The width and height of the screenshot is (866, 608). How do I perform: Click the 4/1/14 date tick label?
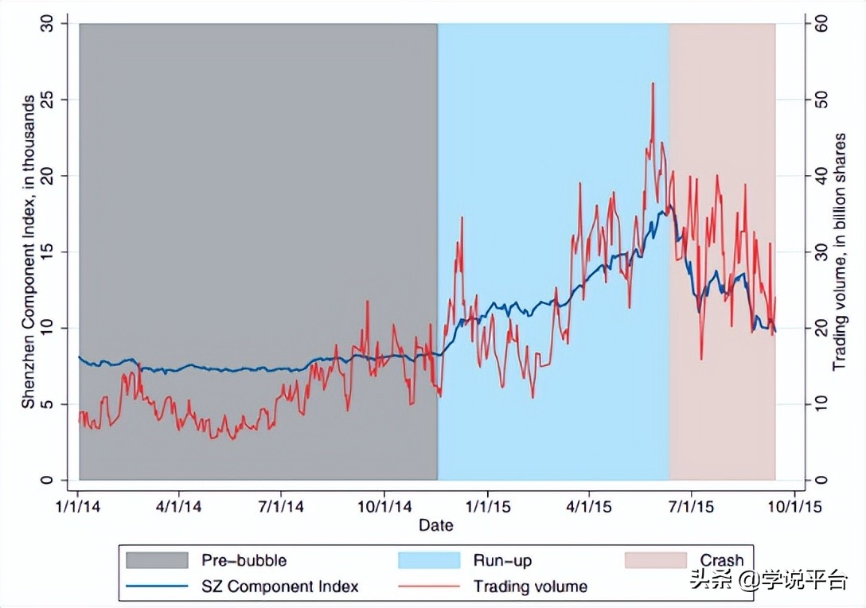[x=180, y=505]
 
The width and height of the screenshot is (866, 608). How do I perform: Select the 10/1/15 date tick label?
[x=793, y=505]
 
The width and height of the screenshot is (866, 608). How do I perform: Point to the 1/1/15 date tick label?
[x=487, y=505]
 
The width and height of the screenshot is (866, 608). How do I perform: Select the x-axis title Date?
[x=436, y=524]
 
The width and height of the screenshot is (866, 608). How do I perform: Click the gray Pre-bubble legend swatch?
[x=157, y=560]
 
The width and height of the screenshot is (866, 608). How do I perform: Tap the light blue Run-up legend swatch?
[x=429, y=560]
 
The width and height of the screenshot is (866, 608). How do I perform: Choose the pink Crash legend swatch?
[x=654, y=560]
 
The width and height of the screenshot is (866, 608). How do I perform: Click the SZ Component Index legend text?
[x=280, y=587]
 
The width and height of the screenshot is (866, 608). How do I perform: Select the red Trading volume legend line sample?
[x=429, y=587]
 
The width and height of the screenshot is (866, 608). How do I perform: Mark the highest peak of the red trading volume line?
[x=653, y=83]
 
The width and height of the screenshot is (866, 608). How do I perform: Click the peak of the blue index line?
[x=670, y=205]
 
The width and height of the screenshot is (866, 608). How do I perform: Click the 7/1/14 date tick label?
[x=282, y=505]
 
